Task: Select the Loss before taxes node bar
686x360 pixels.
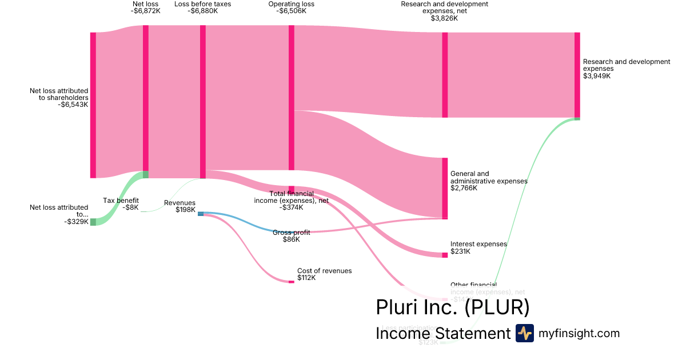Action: click(x=203, y=100)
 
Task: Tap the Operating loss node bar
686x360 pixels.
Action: click(x=292, y=97)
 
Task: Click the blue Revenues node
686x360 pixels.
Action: click(x=201, y=214)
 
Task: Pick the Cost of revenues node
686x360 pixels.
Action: click(x=292, y=281)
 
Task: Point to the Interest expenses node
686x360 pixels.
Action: click(x=445, y=255)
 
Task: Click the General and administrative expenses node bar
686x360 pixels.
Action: click(x=445, y=188)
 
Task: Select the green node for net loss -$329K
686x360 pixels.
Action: click(x=93, y=222)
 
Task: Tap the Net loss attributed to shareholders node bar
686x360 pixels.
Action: click(x=93, y=105)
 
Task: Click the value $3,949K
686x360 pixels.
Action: click(x=597, y=76)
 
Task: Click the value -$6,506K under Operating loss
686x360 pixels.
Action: click(x=291, y=11)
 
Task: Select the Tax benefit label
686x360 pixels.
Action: click(x=121, y=200)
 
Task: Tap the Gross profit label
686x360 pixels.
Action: click(x=291, y=233)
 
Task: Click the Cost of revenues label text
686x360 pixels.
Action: click(x=324, y=271)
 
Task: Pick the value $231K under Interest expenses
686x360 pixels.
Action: click(x=460, y=251)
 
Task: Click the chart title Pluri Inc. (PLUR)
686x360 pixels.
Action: click(x=452, y=307)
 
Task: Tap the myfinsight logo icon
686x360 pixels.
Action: click(x=524, y=333)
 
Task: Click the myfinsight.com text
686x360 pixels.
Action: click(x=579, y=333)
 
